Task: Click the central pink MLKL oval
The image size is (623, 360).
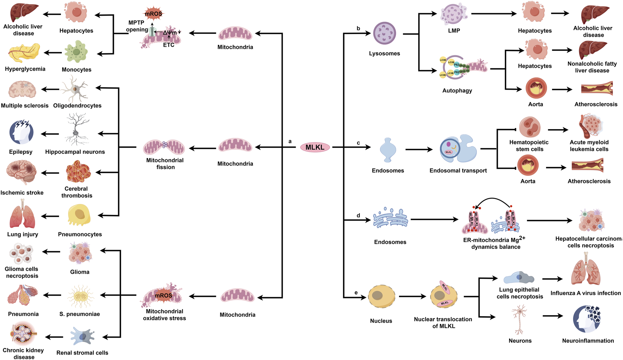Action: [x=315, y=147]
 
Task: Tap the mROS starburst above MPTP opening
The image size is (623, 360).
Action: [x=154, y=14]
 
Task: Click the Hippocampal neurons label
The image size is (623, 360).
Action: [x=75, y=152]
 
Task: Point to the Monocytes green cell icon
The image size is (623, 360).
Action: [x=76, y=52]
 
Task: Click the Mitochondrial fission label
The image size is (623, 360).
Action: [x=165, y=163]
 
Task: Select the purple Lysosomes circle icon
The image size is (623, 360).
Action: [x=385, y=33]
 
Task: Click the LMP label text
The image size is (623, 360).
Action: [x=454, y=31]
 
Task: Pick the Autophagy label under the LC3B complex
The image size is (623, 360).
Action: [x=457, y=90]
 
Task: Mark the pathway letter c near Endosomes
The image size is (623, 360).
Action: [x=358, y=143]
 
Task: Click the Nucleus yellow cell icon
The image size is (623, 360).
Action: [x=381, y=296]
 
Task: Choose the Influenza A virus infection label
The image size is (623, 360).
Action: [x=585, y=293]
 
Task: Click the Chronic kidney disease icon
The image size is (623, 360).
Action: [x=24, y=333]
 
